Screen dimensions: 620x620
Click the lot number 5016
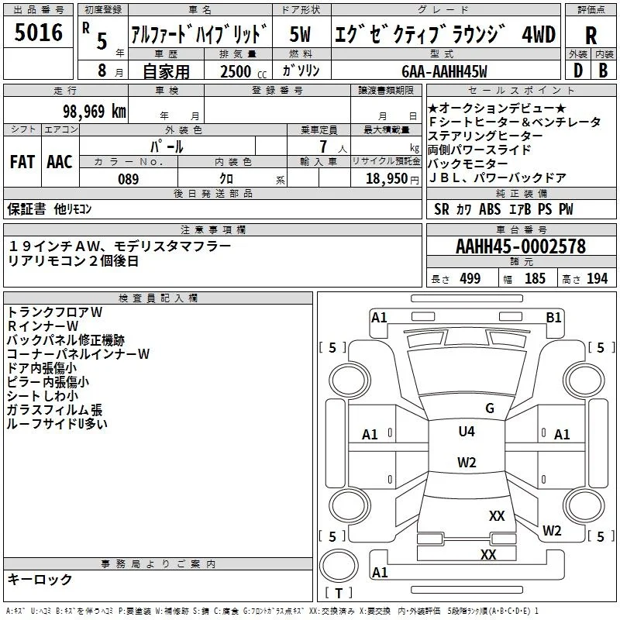point(38,33)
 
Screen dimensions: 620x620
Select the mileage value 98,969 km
point(94,111)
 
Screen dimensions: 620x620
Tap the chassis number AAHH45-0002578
point(521,246)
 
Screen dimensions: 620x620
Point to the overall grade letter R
point(591,35)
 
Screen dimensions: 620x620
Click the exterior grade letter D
point(578,71)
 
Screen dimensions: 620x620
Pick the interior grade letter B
point(603,71)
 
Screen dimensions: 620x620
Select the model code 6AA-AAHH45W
point(444,71)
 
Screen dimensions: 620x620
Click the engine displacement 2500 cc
point(243,71)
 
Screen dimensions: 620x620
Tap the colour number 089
point(128,179)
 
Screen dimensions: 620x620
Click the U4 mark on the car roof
point(467,431)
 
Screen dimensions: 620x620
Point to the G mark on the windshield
point(490,408)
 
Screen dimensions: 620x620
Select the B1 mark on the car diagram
point(553,317)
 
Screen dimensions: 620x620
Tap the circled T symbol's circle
point(339,566)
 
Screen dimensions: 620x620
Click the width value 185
point(535,278)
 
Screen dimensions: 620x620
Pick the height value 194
point(597,278)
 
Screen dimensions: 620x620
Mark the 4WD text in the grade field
point(539,34)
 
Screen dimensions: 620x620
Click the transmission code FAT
point(22,162)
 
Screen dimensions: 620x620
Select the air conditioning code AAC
point(60,162)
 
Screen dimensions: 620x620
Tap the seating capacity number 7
point(323,146)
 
